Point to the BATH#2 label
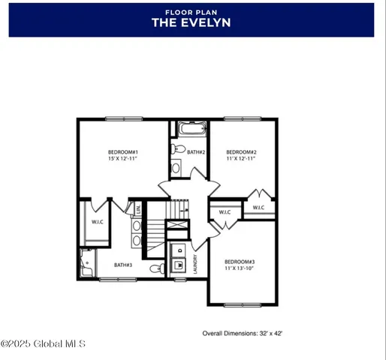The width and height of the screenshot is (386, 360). click(197, 152)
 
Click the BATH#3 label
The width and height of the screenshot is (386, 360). click(123, 264)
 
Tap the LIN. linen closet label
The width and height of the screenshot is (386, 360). click(138, 209)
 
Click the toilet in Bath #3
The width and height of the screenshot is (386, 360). click(155, 268)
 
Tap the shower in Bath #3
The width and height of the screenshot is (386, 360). click(84, 263)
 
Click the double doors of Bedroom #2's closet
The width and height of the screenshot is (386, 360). click(258, 197)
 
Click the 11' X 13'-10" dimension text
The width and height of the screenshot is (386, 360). click(240, 268)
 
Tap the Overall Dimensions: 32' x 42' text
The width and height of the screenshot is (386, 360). click(242, 332)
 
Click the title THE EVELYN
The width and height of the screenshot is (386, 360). click(191, 23)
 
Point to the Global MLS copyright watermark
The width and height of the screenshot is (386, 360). click(43, 343)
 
